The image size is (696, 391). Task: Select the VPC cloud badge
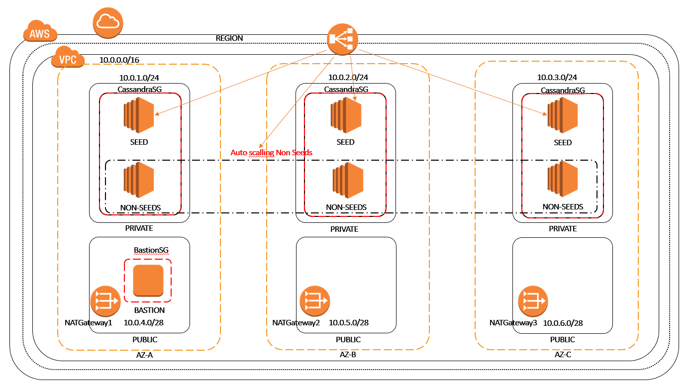(x=67, y=58)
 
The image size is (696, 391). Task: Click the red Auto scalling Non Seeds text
(x=271, y=152)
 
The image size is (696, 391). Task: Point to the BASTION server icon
(x=148, y=281)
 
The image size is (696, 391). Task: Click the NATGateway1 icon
(x=105, y=301)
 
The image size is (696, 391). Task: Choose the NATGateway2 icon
(x=314, y=300)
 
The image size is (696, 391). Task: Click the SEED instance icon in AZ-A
(x=139, y=115)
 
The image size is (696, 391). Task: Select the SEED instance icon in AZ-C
(x=562, y=115)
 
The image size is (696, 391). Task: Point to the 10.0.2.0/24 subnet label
(x=348, y=77)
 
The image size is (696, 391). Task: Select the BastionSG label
(x=148, y=249)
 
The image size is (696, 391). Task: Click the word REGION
(x=229, y=38)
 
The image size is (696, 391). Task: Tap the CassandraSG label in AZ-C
(x=563, y=90)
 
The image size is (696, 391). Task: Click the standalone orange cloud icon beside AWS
(x=107, y=22)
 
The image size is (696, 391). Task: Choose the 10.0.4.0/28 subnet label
(x=144, y=322)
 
